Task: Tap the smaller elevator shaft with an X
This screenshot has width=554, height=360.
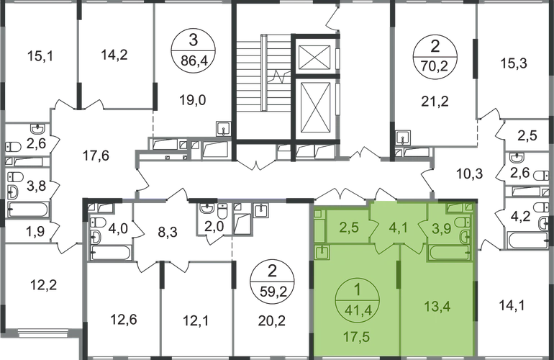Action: (x=316, y=58)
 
